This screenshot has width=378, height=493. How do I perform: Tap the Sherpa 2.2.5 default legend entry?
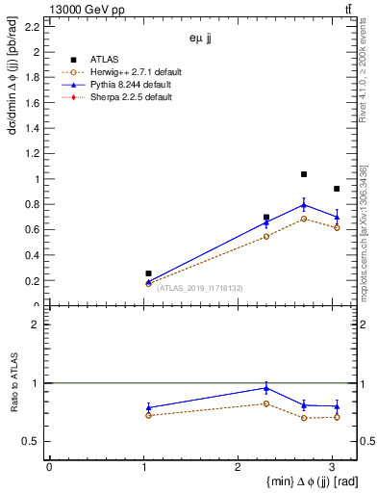pyautogui.click(x=130, y=97)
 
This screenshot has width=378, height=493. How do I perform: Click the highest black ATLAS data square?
pyautogui.click(x=304, y=174)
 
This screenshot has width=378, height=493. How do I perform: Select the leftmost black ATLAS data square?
pyautogui.click(x=148, y=273)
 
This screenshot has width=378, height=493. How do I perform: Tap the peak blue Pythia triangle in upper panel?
pyautogui.click(x=304, y=204)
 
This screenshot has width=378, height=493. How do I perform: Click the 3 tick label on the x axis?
pyautogui.click(x=333, y=466)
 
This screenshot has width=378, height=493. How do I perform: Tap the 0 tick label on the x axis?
pyautogui.click(x=49, y=466)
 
